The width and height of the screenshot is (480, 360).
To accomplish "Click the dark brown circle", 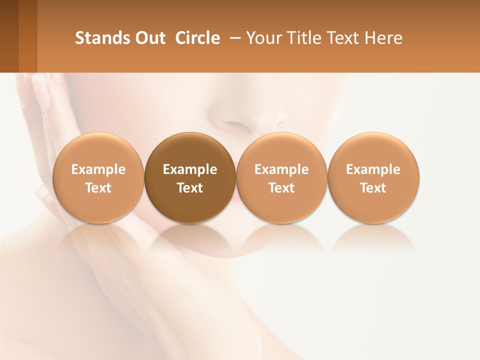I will [190, 177].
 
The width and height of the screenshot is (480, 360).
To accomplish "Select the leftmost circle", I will [98, 177].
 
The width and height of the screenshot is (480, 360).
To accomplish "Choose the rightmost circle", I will [373, 177].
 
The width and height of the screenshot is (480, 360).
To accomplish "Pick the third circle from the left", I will [281, 177].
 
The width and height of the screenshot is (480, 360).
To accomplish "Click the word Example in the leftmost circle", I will [98, 169].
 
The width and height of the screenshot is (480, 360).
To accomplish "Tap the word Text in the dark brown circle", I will [190, 188].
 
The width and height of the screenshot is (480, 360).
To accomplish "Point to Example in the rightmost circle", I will [373, 169].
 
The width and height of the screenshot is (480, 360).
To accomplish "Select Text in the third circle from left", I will [281, 188].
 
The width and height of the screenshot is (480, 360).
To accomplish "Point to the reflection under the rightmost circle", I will [373, 238].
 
